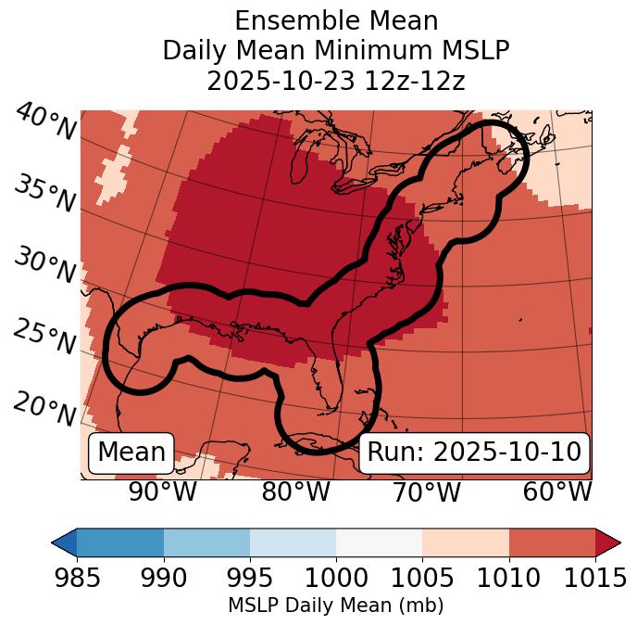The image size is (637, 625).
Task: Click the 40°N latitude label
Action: click(x=45, y=122)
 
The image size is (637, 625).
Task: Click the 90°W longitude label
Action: click(x=163, y=492)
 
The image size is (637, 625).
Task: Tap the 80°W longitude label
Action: click(x=296, y=492)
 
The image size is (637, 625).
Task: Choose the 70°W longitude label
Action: click(x=426, y=492)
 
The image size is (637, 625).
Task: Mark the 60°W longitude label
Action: click(x=557, y=492)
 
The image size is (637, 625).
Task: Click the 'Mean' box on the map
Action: click(x=131, y=453)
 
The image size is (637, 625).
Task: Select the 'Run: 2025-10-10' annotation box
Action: click(x=474, y=453)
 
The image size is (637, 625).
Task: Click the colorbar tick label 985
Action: click(x=77, y=579)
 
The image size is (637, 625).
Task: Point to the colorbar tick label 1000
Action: click(x=336, y=579)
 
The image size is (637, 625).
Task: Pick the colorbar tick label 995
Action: click(x=250, y=579)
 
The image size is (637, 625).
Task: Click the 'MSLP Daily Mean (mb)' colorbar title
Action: click(x=335, y=606)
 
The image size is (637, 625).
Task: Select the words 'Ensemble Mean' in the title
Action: click(x=335, y=20)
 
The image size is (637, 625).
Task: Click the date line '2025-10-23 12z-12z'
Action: click(x=335, y=81)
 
